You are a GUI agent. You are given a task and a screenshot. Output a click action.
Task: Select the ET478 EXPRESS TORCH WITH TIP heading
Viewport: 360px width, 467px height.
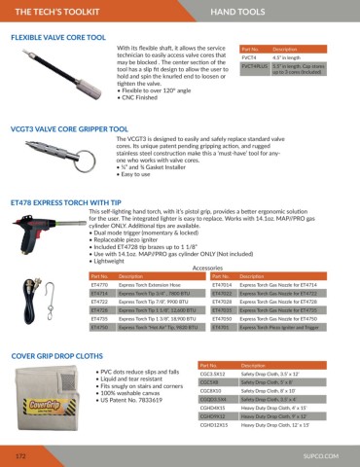pos(68,176)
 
